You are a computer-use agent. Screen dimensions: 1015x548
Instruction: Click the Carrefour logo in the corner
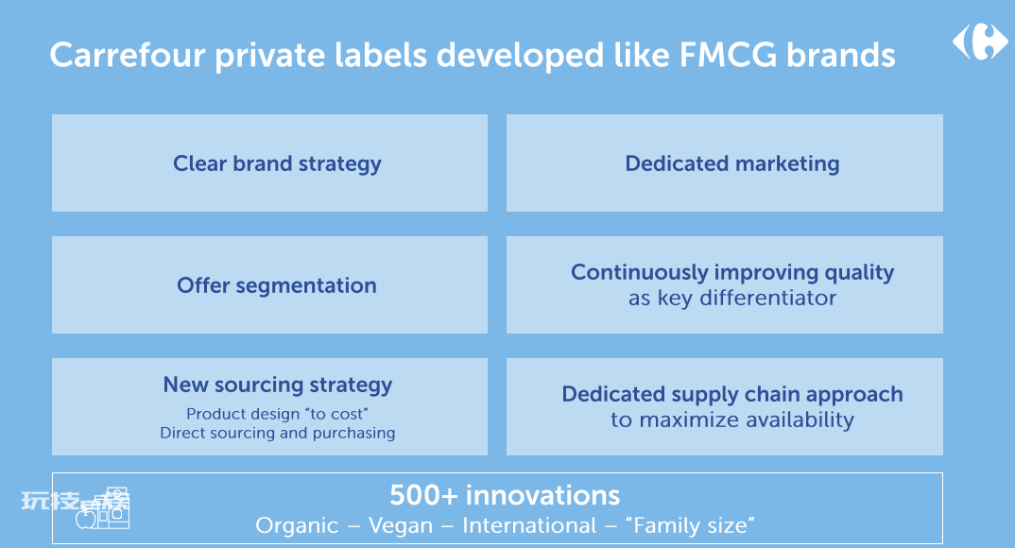(980, 42)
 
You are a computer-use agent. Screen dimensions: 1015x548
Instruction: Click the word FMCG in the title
(728, 55)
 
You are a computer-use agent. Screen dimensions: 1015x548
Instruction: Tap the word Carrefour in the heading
(128, 55)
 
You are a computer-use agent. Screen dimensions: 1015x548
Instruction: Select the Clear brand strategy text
(277, 163)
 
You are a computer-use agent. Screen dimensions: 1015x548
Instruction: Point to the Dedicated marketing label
(732, 163)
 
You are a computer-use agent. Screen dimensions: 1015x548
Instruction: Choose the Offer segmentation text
(277, 285)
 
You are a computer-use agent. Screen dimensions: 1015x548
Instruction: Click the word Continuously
(640, 272)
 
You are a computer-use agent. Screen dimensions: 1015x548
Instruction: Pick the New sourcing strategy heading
(278, 385)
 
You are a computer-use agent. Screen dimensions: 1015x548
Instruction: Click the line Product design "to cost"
(277, 414)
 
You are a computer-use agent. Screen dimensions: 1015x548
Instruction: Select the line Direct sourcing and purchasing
(278, 433)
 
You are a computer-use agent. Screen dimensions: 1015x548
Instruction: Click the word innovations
(543, 496)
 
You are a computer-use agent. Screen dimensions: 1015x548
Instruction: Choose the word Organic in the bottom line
(297, 525)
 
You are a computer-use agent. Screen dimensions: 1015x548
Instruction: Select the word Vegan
(401, 526)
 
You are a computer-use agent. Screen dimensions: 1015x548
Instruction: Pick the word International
(529, 525)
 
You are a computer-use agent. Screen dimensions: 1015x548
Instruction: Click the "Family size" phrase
(694, 525)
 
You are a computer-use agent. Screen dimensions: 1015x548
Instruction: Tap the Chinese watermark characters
(75, 502)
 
